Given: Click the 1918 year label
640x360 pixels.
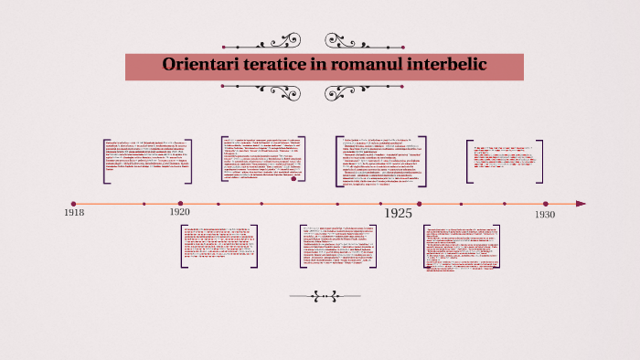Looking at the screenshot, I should pyautogui.click(x=74, y=213).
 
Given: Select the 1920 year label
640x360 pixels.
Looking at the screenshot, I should pyautogui.click(x=180, y=212).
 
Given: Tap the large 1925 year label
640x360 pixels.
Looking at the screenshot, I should pyautogui.click(x=397, y=213).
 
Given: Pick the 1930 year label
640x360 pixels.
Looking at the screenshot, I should pyautogui.click(x=545, y=214).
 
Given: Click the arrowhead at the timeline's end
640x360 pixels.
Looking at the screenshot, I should pyautogui.click(x=580, y=204).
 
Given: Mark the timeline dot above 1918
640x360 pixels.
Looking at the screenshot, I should pyautogui.click(x=74, y=204).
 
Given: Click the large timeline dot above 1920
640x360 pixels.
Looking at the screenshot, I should pyautogui.click(x=181, y=204).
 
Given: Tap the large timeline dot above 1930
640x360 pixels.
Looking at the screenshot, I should pyautogui.click(x=546, y=204).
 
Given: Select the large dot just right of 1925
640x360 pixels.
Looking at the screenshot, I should pyautogui.click(x=419, y=204).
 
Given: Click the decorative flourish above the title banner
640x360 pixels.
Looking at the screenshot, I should pyautogui.click(x=323, y=41).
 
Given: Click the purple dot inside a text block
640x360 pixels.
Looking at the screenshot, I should pyautogui.click(x=293, y=179).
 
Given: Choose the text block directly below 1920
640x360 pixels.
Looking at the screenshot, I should pyautogui.click(x=219, y=245).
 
